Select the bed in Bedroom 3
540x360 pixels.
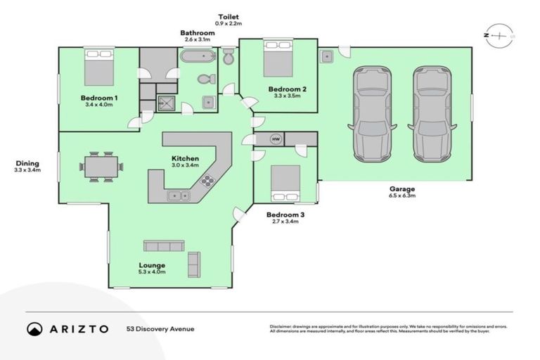pyautogui.click(x=286, y=184)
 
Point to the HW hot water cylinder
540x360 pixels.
pyautogui.click(x=276, y=139)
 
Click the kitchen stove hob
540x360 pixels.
pyautogui.click(x=207, y=180)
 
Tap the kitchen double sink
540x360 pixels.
pyautogui.click(x=176, y=195)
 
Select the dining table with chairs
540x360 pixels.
pyautogui.click(x=101, y=166)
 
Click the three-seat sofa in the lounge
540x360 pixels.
pyautogui.click(x=163, y=245)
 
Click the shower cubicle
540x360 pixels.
pyautogui.click(x=167, y=103)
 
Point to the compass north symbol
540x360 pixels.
pyautogui.click(x=499, y=34)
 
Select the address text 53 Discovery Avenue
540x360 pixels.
pyautogui.click(x=160, y=328)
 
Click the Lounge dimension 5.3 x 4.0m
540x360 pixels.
pyautogui.click(x=152, y=272)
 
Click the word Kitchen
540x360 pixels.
pyautogui.click(x=186, y=158)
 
